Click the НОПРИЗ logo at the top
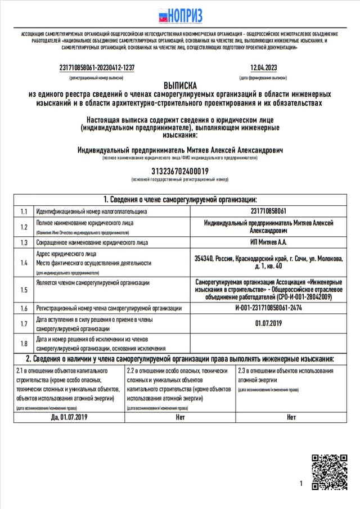coord(180,16)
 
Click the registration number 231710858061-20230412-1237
coord(97,67)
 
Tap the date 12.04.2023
coord(263,67)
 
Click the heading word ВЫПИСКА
coord(180,85)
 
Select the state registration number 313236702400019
coord(180,171)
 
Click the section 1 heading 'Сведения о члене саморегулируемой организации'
coord(180,200)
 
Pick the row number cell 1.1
coord(24,211)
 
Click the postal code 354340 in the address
coord(205,259)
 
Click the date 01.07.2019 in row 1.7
coord(268,323)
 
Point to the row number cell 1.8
coord(24,344)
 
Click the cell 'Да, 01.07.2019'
coord(70,417)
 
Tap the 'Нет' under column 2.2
coord(180,417)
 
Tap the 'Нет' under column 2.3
coord(291,417)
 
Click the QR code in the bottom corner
coord(330,472)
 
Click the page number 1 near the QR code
coord(301,484)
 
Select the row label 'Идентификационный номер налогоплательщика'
coord(92,211)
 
